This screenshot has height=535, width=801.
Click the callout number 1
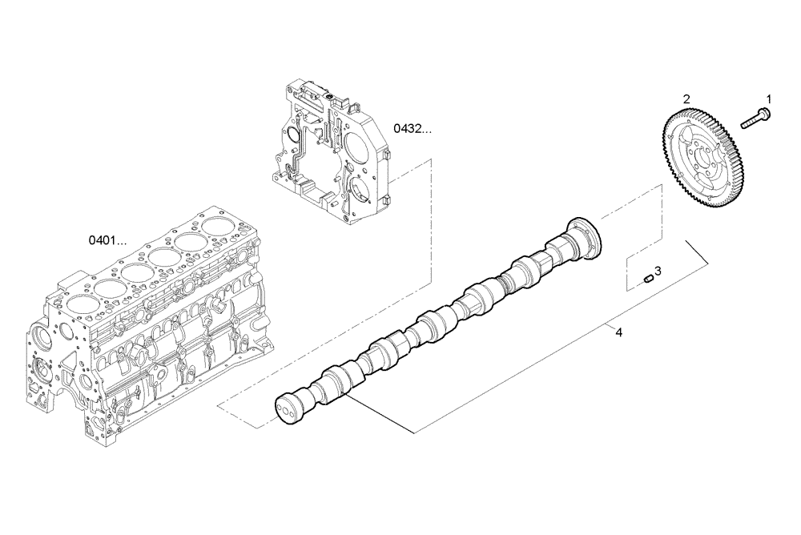point(768,99)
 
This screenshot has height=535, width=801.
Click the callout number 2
point(686,99)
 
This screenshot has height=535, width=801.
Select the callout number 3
point(657,271)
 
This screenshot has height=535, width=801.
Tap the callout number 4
point(618,331)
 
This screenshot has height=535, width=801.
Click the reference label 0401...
point(108,239)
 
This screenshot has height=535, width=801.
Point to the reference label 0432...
point(411,128)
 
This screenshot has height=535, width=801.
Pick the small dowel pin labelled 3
point(648,279)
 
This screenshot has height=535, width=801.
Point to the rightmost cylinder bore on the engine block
point(219,226)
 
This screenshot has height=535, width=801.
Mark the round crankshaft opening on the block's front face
point(40,373)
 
